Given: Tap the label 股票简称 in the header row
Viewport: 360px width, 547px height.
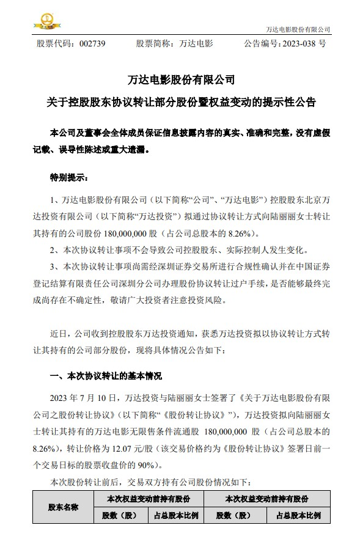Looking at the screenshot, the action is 153,44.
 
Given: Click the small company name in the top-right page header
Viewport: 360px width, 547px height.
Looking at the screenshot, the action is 298,29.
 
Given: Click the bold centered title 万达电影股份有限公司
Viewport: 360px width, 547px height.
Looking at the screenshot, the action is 180,79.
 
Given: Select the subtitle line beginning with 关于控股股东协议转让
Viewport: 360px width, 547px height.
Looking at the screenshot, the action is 180,101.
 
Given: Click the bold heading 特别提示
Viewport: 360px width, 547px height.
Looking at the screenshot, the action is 68,178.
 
